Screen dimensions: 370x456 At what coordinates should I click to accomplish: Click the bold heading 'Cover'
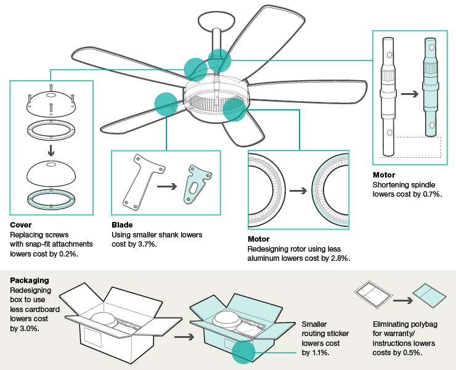(21, 225)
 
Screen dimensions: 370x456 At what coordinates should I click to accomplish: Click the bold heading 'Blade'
(122, 225)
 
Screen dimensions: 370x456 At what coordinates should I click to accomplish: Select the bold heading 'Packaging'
(30, 280)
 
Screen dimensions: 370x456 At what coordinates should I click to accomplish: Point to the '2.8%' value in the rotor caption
(338, 258)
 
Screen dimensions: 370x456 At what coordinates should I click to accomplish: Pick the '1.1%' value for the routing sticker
(320, 352)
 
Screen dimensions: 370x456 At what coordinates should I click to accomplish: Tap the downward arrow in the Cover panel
(51, 150)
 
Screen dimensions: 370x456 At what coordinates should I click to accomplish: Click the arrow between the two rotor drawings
(299, 190)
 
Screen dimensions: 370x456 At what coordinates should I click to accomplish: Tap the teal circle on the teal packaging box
(243, 350)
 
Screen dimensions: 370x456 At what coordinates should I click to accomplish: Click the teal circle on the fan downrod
(219, 60)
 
